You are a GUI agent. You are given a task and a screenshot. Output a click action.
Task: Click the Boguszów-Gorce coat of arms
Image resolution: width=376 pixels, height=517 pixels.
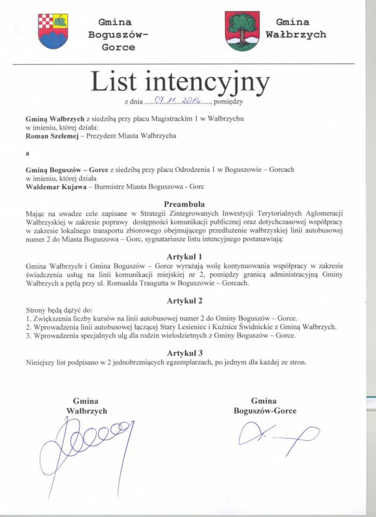(53, 31)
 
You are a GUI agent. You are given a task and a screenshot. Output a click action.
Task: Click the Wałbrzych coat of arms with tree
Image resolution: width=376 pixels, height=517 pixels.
(242, 31)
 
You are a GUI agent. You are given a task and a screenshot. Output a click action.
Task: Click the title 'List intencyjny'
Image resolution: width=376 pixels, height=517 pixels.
(180, 81)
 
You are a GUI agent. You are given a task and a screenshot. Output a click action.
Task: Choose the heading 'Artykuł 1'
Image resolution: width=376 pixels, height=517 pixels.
(184, 256)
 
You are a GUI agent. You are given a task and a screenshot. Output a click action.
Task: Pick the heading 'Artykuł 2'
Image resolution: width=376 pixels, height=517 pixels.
(184, 300)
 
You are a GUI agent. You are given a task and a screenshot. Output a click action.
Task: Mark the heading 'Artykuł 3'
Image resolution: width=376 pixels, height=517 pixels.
(184, 353)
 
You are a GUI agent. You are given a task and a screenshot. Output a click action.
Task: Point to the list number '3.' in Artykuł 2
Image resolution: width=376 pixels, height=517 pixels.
(29, 336)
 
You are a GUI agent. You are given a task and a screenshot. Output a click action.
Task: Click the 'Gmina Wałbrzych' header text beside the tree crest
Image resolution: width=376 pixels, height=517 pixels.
(295, 28)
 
